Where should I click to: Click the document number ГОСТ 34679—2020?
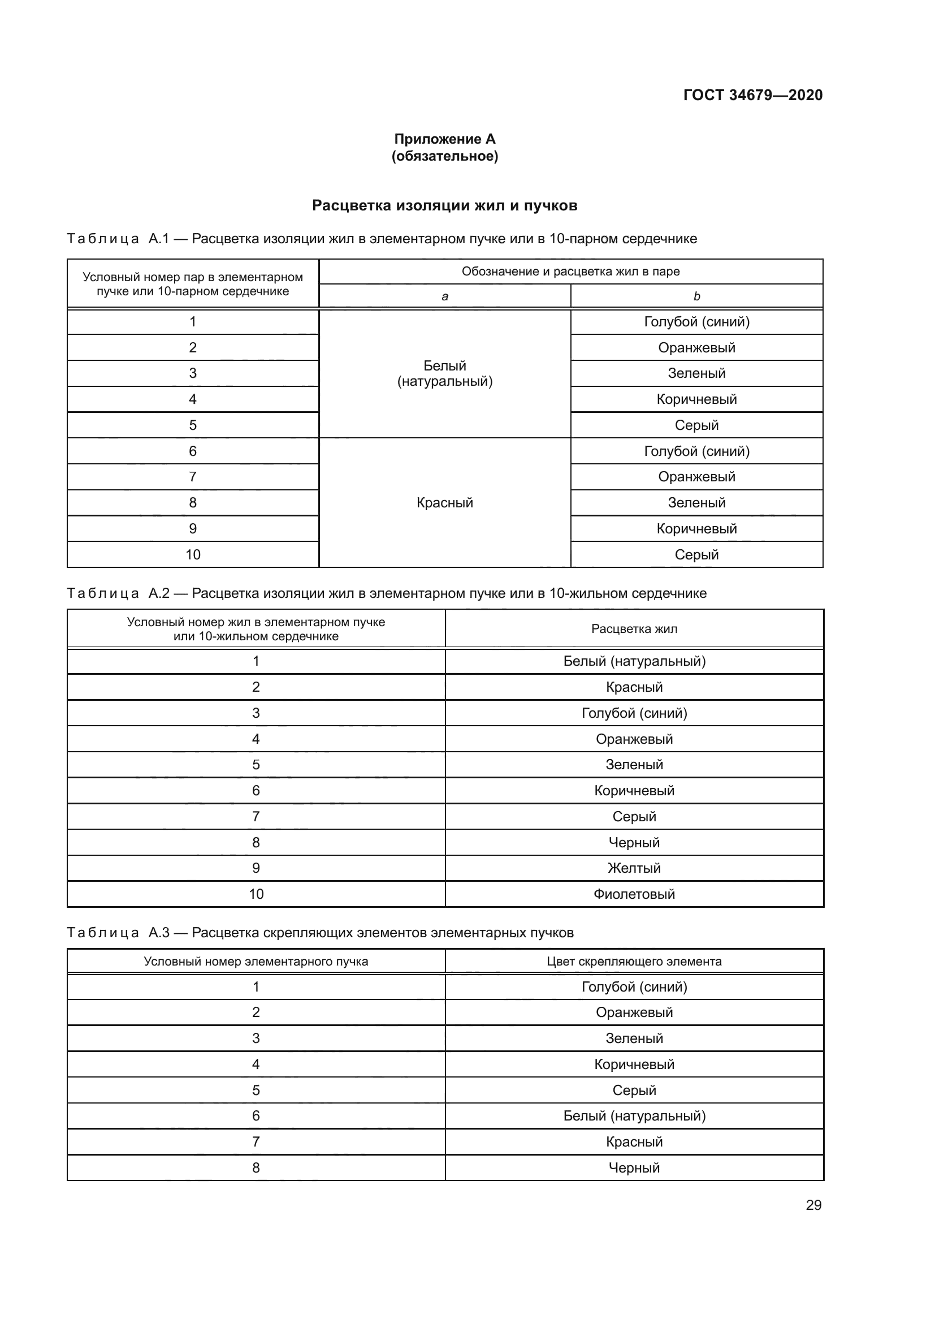tap(752, 95)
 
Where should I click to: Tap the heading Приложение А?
tap(444, 139)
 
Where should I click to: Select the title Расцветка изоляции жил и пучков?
tap(444, 206)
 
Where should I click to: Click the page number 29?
tap(813, 1205)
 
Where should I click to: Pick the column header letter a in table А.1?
tap(444, 297)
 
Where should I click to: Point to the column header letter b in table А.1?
tap(696, 297)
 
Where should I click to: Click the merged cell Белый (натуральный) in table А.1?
tap(444, 373)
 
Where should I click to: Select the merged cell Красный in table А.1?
tap(444, 502)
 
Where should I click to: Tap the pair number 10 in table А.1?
tap(193, 554)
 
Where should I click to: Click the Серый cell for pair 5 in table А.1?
tap(696, 425)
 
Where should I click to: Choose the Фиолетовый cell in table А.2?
tap(634, 894)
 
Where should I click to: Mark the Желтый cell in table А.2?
tap(634, 868)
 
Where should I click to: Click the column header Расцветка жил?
tap(634, 628)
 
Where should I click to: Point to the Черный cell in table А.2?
tap(634, 842)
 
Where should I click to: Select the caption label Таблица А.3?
tap(118, 932)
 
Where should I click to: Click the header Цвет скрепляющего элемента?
tap(634, 961)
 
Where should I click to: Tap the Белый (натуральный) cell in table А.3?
tap(634, 1115)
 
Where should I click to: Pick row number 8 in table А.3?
tap(256, 1167)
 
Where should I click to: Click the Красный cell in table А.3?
tap(634, 1141)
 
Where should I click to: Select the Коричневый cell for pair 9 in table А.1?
tap(696, 528)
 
